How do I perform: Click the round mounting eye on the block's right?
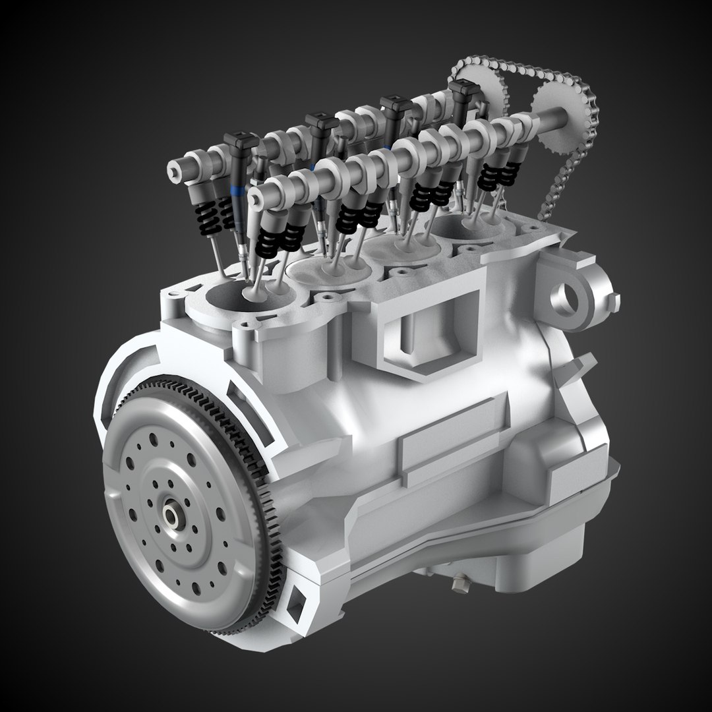pos(568,297)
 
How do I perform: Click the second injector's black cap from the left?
pos(321,125)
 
